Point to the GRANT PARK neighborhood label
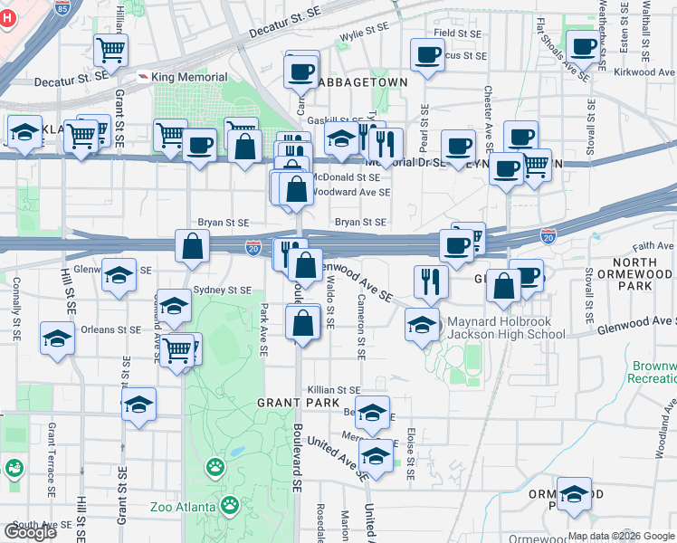[298, 402]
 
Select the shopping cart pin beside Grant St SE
[110, 52]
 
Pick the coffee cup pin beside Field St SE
[427, 53]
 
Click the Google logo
[30, 532]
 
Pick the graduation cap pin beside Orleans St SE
[58, 339]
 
